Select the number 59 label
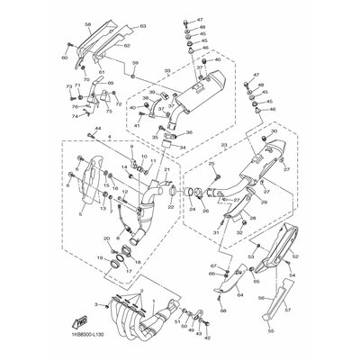click(135, 63)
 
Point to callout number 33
click(166, 70)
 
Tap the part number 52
click(294, 257)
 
